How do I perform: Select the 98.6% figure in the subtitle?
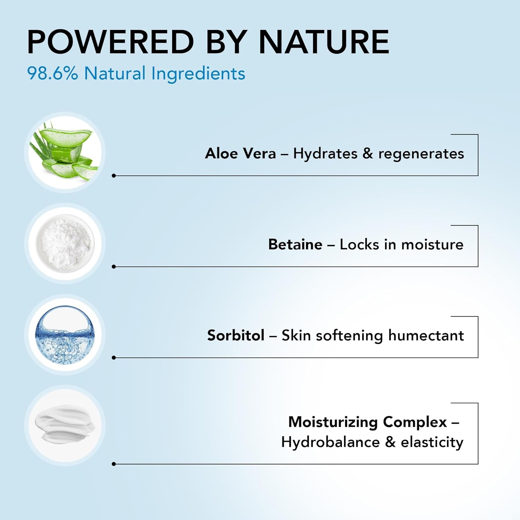click(x=53, y=73)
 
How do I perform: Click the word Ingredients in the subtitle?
click(x=198, y=74)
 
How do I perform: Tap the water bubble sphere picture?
click(x=65, y=335)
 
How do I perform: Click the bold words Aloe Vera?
click(x=241, y=153)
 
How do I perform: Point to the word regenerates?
click(x=421, y=154)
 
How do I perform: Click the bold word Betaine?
click(x=295, y=244)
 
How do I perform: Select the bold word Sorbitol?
click(x=236, y=335)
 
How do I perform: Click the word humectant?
click(x=426, y=335)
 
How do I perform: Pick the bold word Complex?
click(x=415, y=422)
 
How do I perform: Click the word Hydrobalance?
click(x=330, y=442)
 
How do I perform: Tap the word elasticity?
click(x=432, y=443)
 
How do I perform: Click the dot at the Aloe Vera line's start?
click(x=114, y=176)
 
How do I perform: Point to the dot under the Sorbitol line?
click(x=114, y=358)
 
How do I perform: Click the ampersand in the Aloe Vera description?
click(x=368, y=154)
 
